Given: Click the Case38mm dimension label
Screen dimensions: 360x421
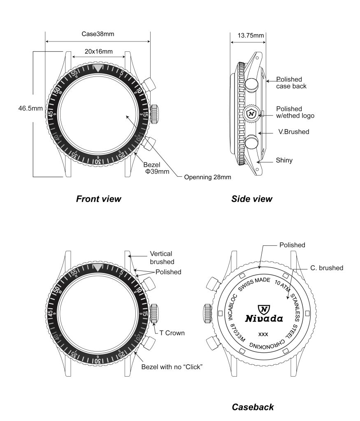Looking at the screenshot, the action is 98,34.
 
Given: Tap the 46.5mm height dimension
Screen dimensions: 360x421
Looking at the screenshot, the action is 30,109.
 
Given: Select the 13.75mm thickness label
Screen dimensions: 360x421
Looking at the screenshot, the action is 251,35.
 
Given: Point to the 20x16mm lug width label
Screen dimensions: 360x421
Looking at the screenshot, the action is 99,51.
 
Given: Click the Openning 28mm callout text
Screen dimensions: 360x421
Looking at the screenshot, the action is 207,177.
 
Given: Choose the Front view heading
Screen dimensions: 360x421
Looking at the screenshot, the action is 98,199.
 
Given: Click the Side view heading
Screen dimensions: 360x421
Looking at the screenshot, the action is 252,199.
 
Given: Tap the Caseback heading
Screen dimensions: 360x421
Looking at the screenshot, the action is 253,407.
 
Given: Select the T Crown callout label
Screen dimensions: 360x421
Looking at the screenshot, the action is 172,333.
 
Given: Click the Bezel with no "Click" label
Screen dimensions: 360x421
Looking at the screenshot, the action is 172,367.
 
